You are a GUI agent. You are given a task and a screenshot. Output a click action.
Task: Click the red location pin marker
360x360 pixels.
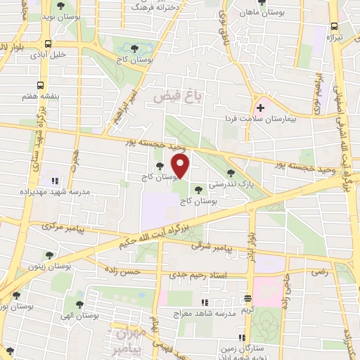tap(181, 166)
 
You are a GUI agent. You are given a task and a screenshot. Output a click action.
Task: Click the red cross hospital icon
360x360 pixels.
tap(261, 108)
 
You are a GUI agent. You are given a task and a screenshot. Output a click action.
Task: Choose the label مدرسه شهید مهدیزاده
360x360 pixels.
tap(60, 192)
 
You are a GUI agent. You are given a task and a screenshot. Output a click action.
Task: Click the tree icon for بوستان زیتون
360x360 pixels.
tap(49, 255)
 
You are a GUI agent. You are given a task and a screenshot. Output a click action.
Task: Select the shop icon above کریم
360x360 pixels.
tap(247, 299)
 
